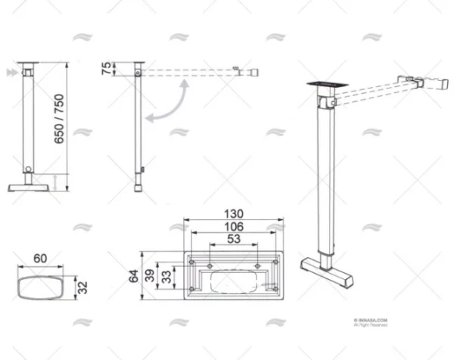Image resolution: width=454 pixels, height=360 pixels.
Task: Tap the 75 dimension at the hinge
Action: [105, 70]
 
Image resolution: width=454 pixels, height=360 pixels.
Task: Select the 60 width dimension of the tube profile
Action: [39, 259]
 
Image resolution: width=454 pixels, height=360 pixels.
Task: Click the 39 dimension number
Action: [151, 277]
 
